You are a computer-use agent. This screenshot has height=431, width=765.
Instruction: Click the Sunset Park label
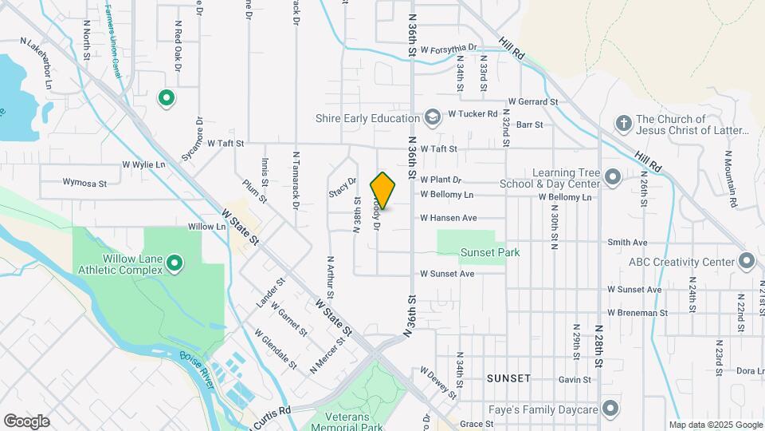pyautogui.click(x=490, y=252)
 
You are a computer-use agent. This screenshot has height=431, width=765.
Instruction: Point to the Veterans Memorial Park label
pyautogui.click(x=354, y=421)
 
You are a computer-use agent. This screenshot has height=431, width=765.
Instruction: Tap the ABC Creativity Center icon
pyautogui.click(x=746, y=261)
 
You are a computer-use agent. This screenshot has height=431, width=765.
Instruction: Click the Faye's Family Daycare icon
pyautogui.click(x=611, y=410)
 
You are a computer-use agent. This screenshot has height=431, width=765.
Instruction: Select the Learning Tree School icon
pyautogui.click(x=612, y=176)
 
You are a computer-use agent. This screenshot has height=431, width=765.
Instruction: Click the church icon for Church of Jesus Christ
pyautogui.click(x=624, y=123)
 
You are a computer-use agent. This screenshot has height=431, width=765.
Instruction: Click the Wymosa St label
pyautogui.click(x=84, y=184)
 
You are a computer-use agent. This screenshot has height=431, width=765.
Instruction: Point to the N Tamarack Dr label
pyautogui.click(x=296, y=181)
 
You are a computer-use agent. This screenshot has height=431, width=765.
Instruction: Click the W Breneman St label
pyautogui.click(x=637, y=313)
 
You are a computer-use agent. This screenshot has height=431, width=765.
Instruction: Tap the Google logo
pyautogui.click(x=26, y=421)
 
